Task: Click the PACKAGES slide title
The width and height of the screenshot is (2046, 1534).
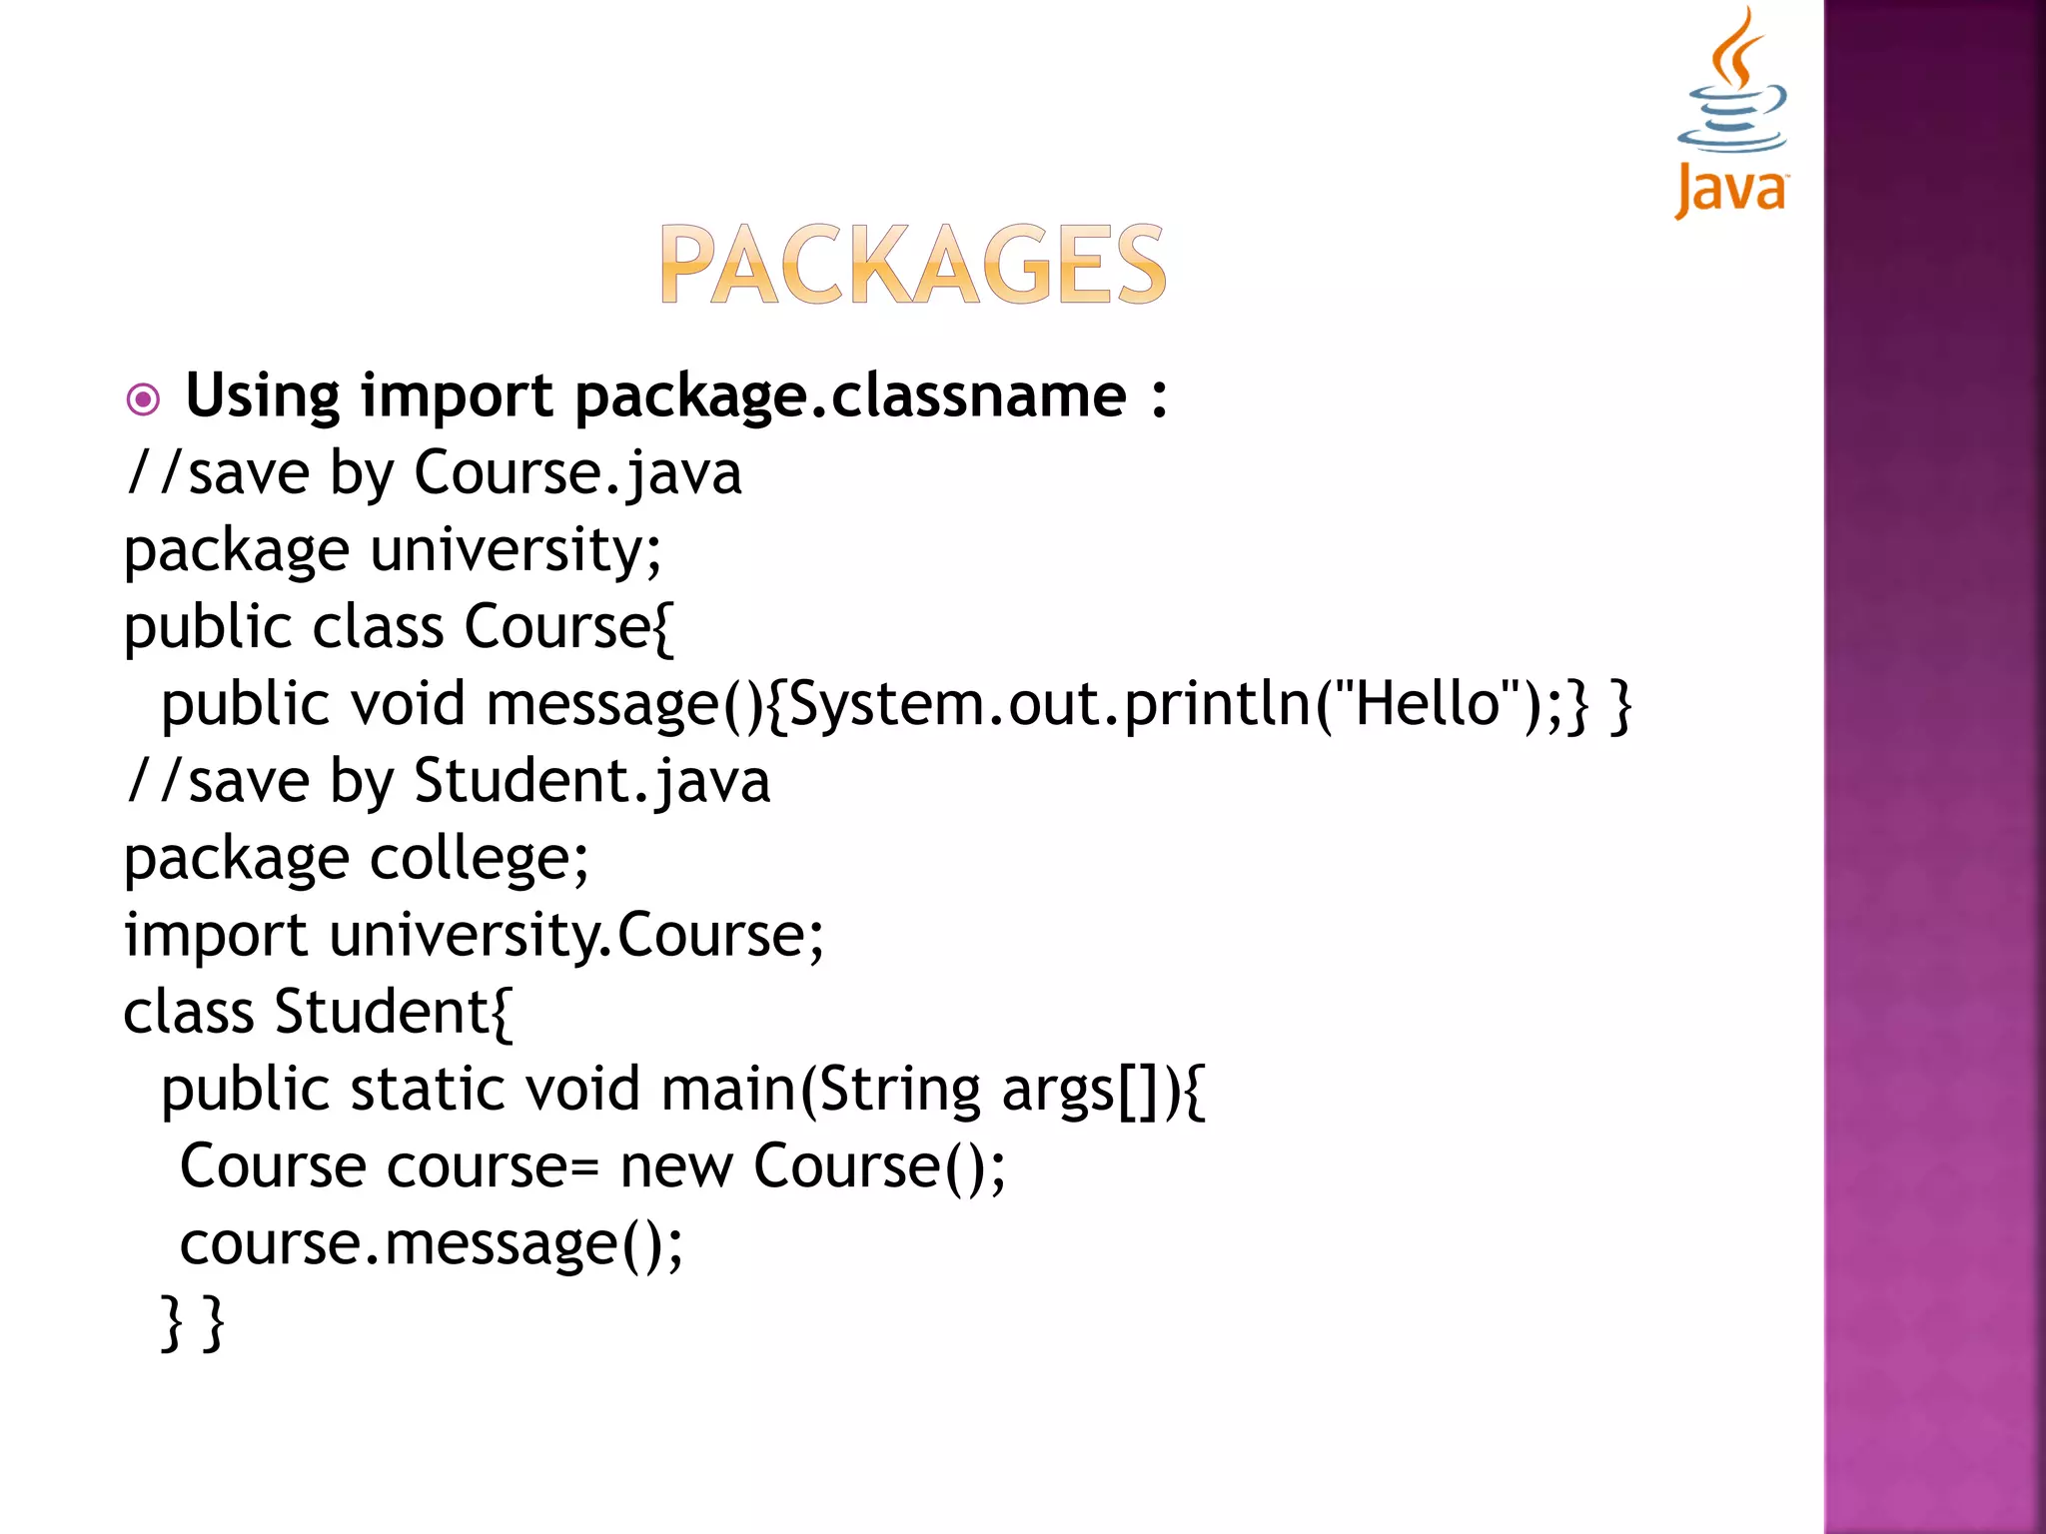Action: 912,264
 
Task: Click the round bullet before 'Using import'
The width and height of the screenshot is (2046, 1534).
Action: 143,400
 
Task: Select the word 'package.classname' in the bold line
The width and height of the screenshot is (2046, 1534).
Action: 850,396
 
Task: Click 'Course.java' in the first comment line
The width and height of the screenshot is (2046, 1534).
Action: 577,472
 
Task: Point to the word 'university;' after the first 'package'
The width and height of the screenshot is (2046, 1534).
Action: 515,550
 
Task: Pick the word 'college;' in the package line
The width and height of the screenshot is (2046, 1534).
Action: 480,859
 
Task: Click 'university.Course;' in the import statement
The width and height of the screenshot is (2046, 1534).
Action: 576,936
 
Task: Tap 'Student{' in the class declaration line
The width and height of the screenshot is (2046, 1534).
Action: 394,1012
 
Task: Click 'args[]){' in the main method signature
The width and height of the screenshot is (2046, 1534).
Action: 1104,1089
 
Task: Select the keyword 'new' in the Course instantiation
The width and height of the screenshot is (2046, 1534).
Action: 676,1165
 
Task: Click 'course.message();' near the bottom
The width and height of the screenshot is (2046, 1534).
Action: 432,1243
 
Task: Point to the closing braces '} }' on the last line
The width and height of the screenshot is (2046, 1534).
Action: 193,1321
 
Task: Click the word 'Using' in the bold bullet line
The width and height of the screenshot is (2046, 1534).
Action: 263,396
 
